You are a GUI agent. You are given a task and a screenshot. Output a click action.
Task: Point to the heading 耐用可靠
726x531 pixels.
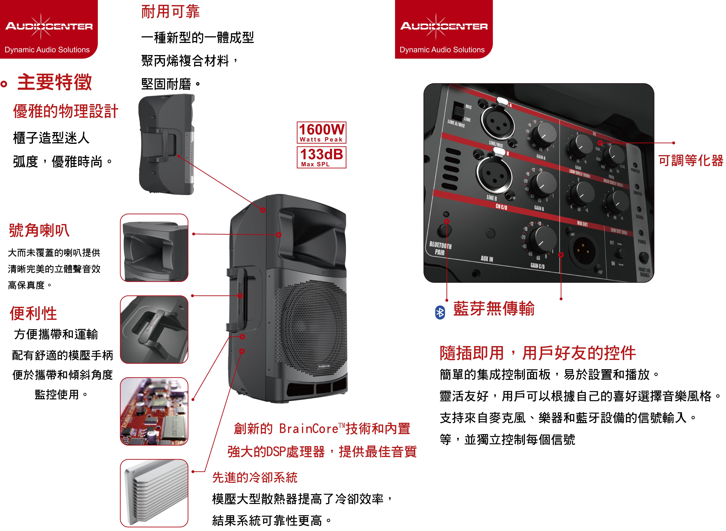(170, 12)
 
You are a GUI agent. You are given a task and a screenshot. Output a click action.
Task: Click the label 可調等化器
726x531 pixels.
(691, 160)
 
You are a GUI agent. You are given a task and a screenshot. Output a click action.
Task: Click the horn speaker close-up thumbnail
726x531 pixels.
(154, 248)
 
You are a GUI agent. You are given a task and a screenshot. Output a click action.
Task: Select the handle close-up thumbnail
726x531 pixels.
(154, 329)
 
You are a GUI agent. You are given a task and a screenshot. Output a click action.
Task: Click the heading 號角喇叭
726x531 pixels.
(39, 230)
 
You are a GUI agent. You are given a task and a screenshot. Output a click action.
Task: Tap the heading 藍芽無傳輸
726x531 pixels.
(494, 309)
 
